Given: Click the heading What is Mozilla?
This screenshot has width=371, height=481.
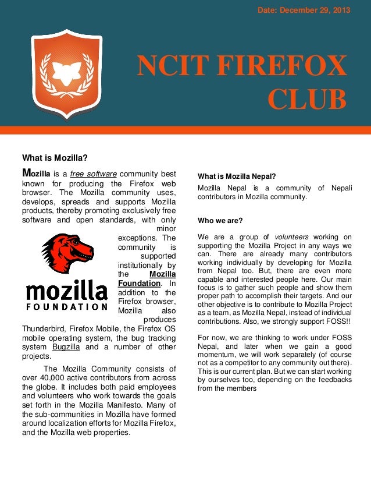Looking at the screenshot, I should click(55, 157).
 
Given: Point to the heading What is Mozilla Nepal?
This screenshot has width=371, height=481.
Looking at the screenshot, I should click(237, 176).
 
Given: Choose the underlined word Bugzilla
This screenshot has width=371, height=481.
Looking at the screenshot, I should click(67, 347).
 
